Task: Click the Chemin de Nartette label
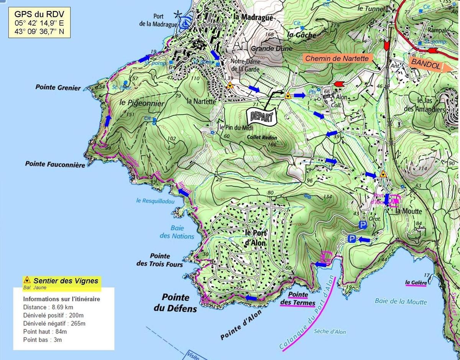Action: (337, 58)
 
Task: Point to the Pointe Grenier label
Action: (58, 87)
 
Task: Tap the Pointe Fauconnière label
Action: (55, 164)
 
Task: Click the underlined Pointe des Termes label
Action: (298, 299)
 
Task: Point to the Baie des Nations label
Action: (177, 232)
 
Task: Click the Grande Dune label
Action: (272, 49)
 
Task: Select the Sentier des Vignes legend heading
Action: (65, 281)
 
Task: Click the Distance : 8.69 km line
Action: (48, 307)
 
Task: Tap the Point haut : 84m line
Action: (45, 331)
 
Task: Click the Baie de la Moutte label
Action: (401, 301)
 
